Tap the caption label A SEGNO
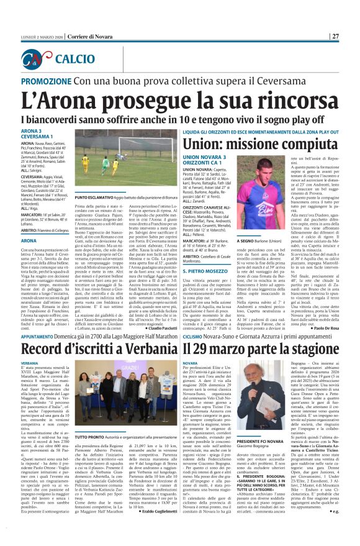243,222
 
